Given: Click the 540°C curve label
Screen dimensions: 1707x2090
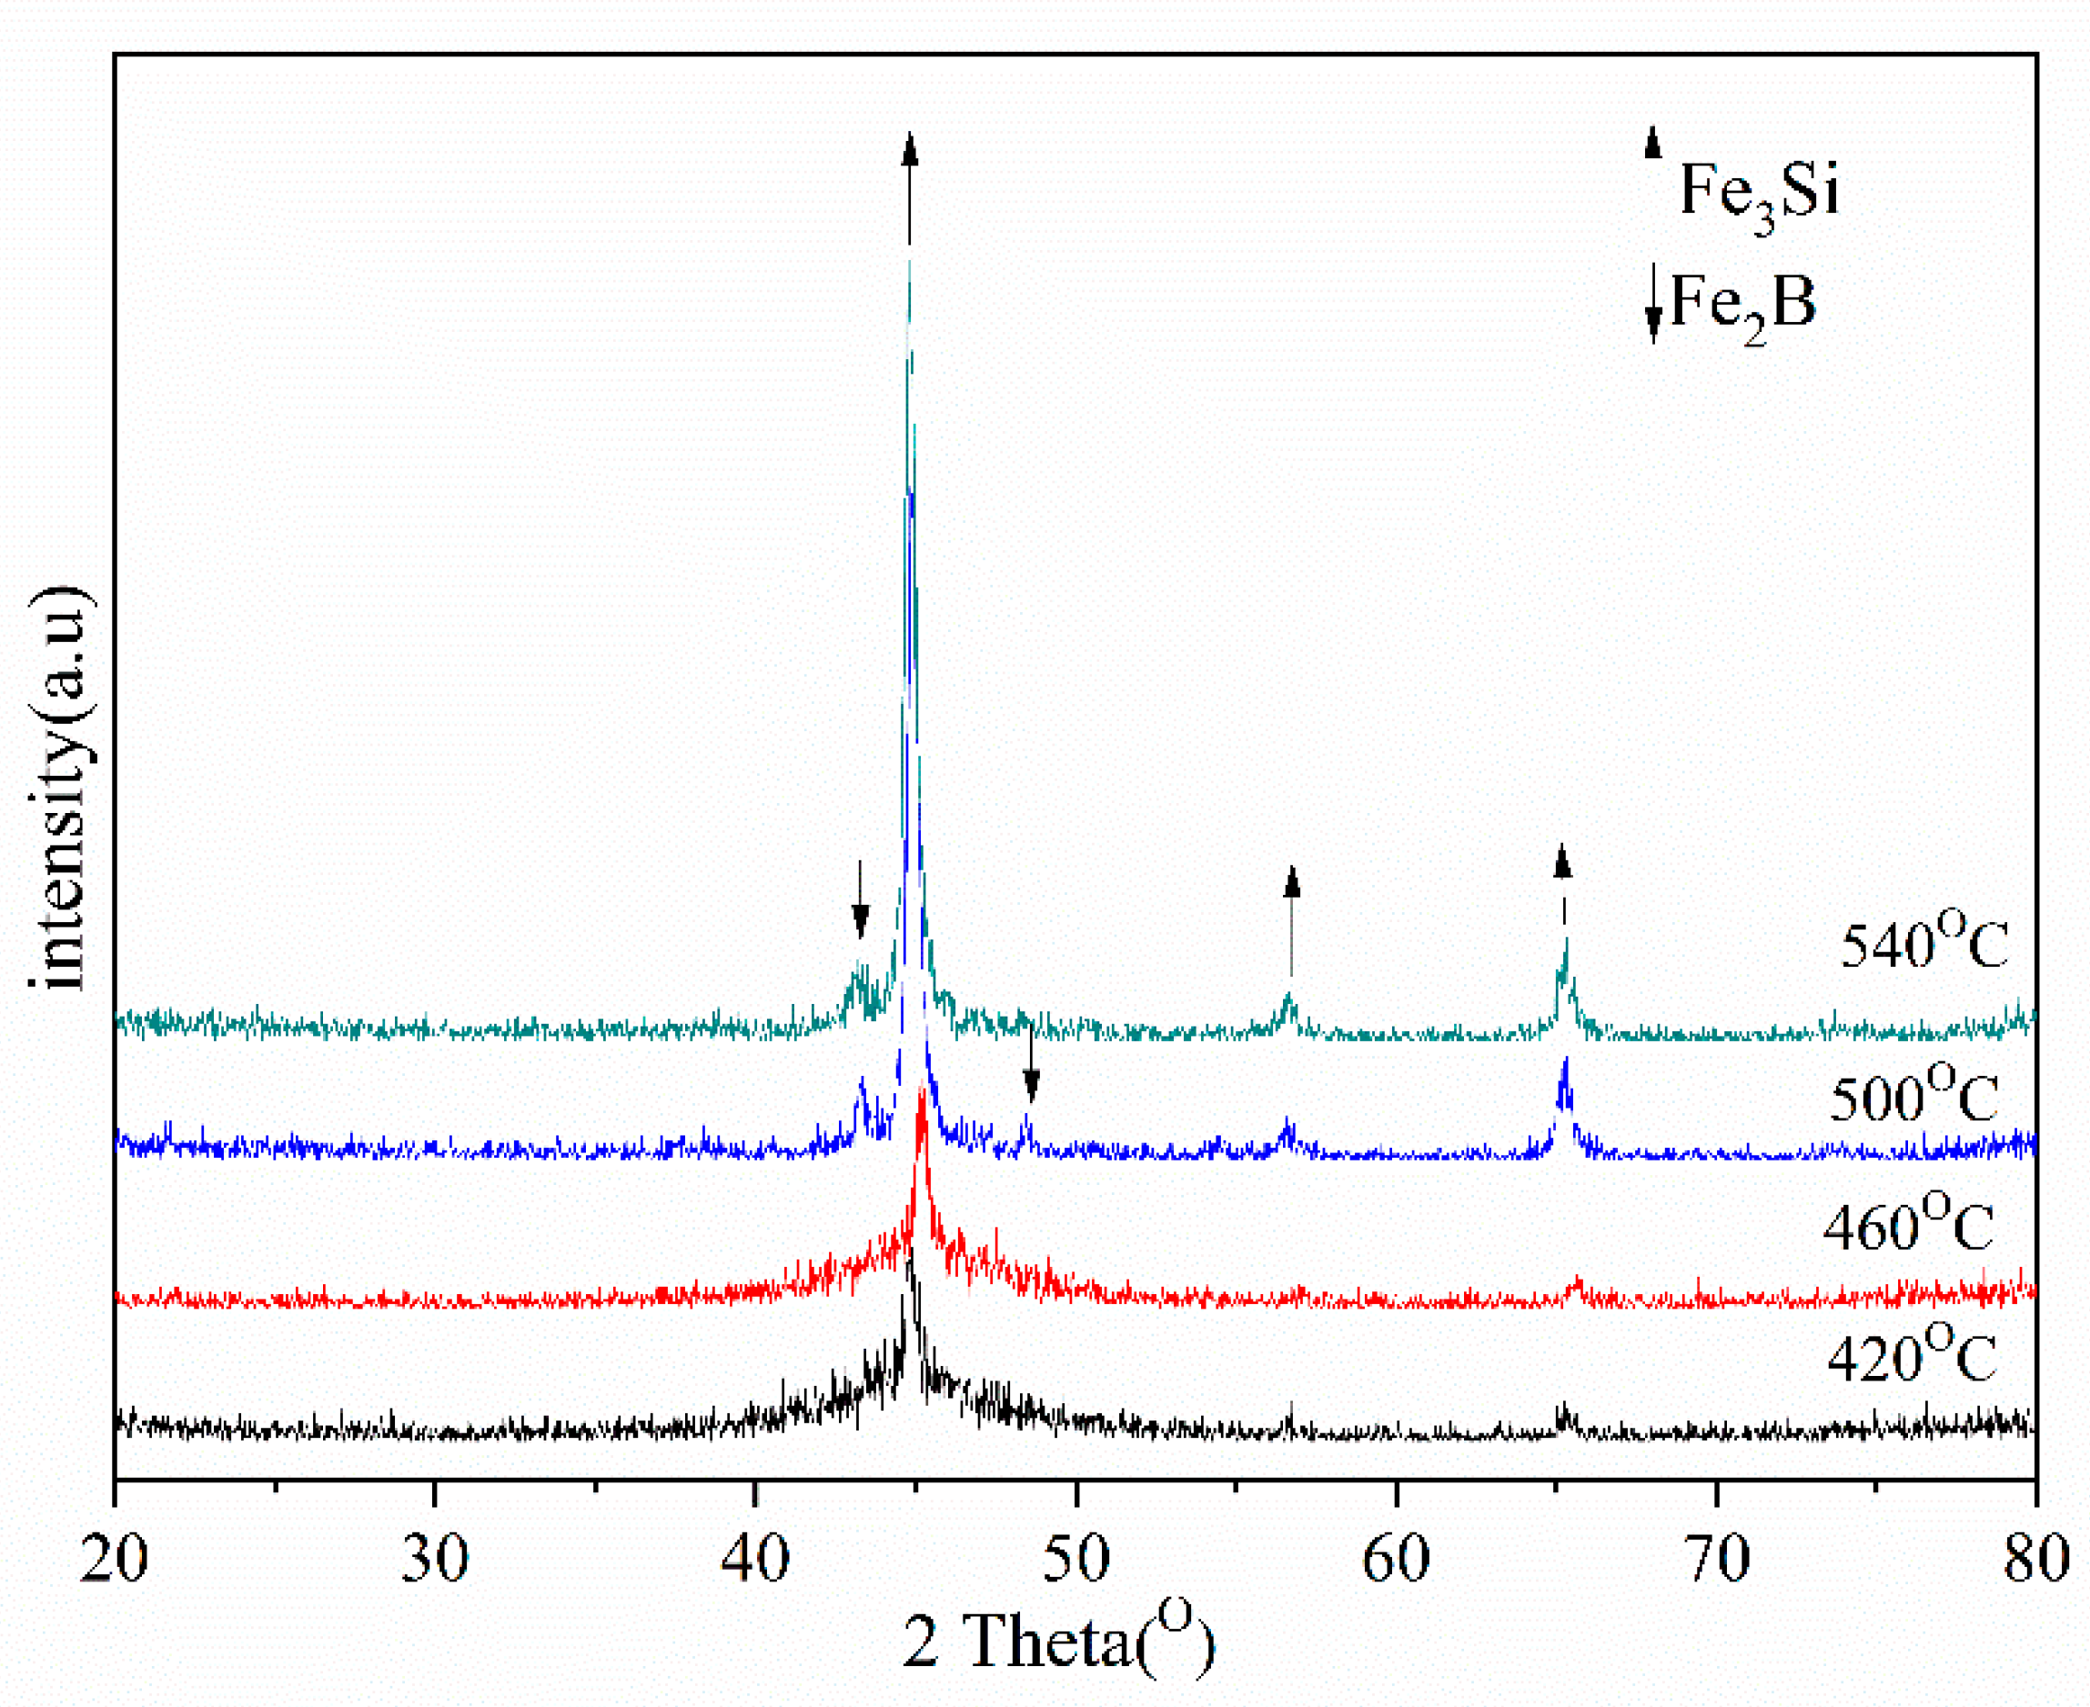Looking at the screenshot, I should pyautogui.click(x=1923, y=944).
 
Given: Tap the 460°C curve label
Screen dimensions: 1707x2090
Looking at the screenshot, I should pyautogui.click(x=1908, y=1226).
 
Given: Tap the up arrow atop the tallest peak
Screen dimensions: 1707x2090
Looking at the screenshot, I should pyautogui.click(x=910, y=186).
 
